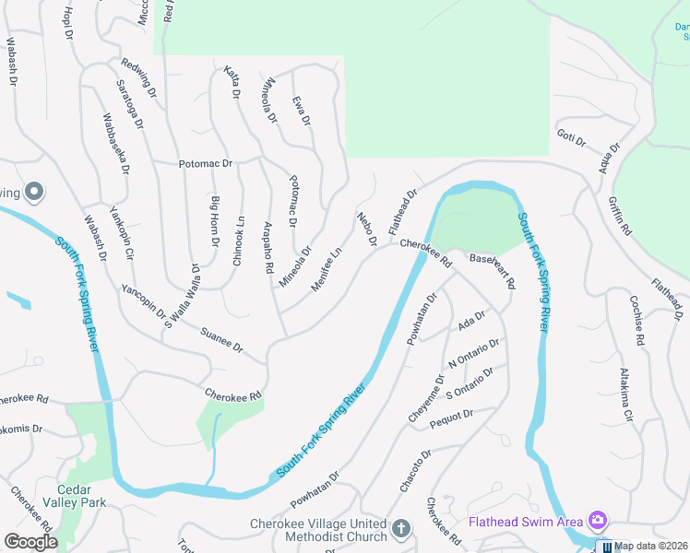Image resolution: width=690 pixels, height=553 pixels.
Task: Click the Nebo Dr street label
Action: coord(367,229)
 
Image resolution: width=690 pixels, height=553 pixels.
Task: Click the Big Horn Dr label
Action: coord(216,221)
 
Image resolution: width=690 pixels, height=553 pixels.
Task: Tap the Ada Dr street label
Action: coord(471,322)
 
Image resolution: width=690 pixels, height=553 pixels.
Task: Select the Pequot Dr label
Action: coord(452,416)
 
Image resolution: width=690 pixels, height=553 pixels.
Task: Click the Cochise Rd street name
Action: coord(636,319)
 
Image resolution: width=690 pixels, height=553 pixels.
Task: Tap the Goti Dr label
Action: coord(572,139)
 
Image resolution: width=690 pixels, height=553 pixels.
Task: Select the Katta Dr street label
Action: coord(232,82)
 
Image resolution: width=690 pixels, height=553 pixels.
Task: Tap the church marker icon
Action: coord(400,529)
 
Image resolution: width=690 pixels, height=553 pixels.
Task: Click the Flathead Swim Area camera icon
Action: coord(598,522)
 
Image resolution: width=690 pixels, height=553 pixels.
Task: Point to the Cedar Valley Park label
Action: coord(75,495)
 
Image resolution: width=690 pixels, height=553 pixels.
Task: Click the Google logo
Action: coord(30,541)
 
